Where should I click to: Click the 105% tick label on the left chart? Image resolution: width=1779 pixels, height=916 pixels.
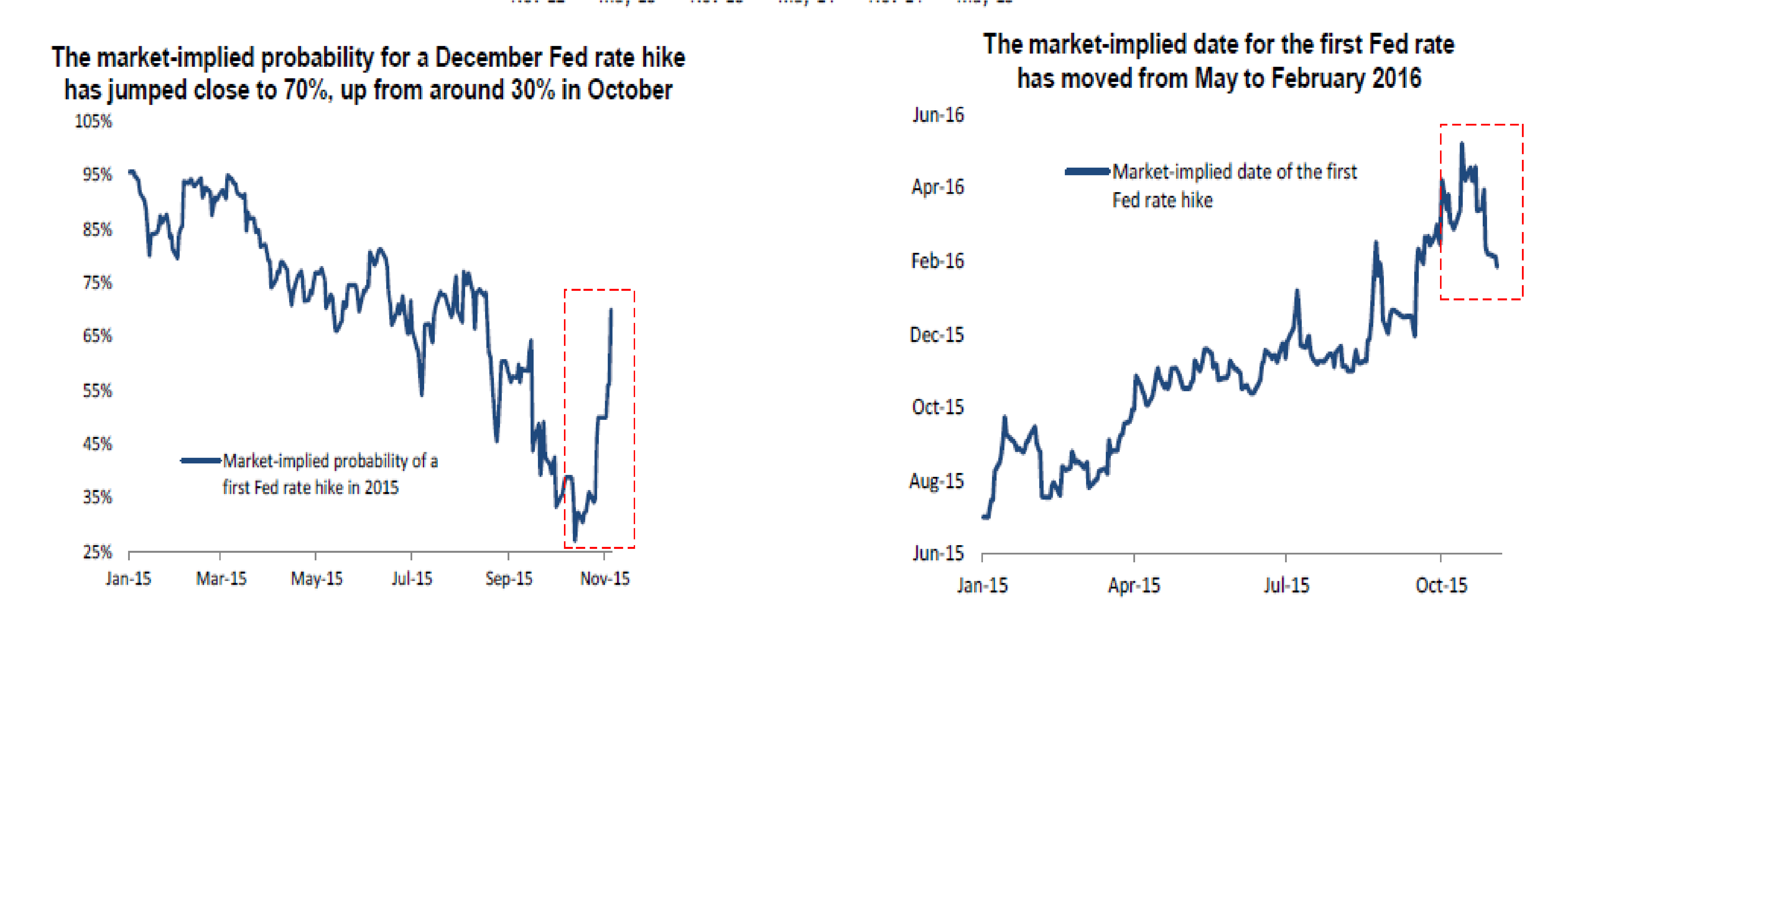click(x=93, y=122)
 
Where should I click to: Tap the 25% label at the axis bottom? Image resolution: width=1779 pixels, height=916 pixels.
click(x=97, y=552)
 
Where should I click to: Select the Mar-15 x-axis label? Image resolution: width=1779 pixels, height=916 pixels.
click(x=221, y=579)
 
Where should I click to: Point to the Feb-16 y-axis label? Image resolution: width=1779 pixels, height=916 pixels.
click(x=937, y=261)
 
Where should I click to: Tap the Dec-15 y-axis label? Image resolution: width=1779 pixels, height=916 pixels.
click(x=937, y=335)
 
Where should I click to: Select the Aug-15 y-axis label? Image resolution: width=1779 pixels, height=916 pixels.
click(x=937, y=481)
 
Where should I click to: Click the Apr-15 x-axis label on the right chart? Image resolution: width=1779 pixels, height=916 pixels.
click(x=1134, y=586)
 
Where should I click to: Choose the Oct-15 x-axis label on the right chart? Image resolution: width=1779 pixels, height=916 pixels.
click(x=1441, y=586)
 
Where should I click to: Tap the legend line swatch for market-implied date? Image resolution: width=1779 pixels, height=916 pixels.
click(x=1088, y=171)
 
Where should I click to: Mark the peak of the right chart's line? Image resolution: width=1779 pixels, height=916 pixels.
click(x=1461, y=144)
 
